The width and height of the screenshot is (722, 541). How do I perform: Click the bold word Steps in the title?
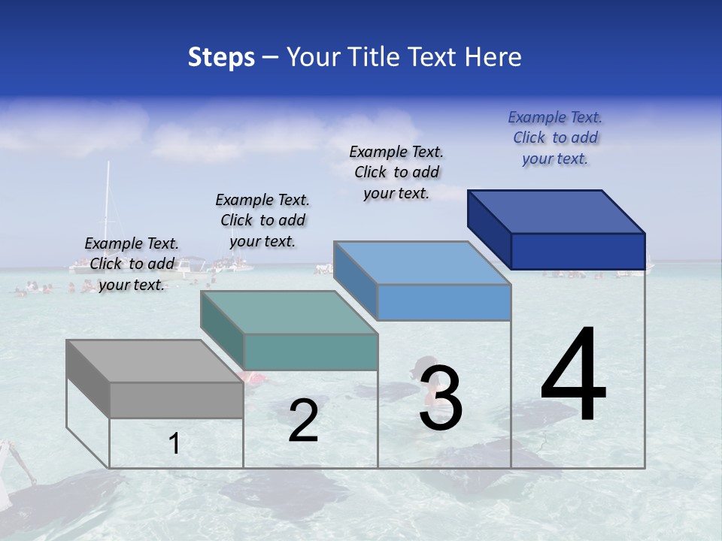221,57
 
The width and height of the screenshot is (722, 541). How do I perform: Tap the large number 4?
573,376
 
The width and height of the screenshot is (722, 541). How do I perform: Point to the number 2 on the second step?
303,421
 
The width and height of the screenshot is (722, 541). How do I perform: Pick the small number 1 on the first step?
174,444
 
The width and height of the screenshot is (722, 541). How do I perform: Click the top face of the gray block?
154,361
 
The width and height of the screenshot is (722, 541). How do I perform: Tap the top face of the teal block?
290,313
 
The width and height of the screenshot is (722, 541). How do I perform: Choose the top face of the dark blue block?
557,212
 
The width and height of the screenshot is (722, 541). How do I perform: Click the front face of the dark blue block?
578,251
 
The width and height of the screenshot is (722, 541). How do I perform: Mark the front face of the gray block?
176,400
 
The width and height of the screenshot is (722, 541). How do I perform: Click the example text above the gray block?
132,264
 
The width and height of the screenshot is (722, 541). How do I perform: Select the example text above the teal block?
262,220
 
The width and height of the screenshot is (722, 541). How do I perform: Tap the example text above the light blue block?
396,172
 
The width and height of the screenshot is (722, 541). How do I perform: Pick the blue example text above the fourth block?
555,138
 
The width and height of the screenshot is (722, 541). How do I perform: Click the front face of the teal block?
310,352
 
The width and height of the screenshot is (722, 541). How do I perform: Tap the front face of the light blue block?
444,302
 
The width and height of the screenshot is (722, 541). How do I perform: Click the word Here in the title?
493,57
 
